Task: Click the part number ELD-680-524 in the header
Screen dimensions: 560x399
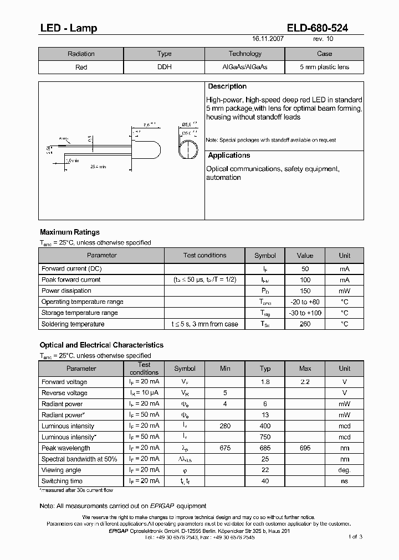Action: tap(318, 28)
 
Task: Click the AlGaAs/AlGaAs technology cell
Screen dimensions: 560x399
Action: tap(244, 67)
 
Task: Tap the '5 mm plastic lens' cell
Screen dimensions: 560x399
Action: tap(324, 67)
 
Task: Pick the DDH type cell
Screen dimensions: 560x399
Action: tap(165, 67)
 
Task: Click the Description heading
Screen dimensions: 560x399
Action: tap(227, 87)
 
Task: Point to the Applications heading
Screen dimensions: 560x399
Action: tap(229, 155)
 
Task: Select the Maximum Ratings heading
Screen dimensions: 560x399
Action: tap(70, 232)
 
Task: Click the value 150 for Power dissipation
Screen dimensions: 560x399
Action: tap(305, 291)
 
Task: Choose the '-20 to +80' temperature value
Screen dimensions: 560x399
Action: tap(305, 302)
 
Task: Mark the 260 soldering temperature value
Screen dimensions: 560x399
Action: tap(305, 324)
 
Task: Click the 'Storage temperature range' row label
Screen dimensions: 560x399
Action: tap(79, 313)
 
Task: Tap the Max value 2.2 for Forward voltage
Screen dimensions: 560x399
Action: tap(305, 382)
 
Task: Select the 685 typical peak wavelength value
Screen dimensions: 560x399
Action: tap(265, 448)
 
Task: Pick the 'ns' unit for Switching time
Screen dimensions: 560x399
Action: tap(345, 481)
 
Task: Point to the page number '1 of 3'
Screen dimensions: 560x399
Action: tap(355, 536)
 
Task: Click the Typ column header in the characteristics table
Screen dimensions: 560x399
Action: tap(265, 369)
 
